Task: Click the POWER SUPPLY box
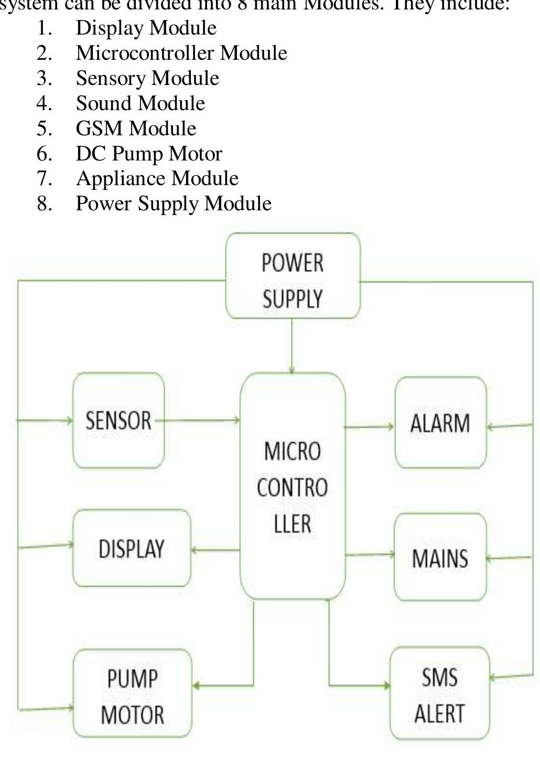pos(293,276)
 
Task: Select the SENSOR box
pos(118,421)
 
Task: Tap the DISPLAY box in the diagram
pos(132,548)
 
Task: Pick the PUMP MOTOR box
pos(132,693)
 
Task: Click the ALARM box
pos(440,423)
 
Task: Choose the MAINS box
pos(440,557)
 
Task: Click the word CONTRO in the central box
pos(292,487)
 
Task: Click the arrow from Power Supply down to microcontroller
pos(292,346)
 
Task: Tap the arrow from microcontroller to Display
pos(215,550)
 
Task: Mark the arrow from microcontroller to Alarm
pos(370,427)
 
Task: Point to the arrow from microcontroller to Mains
pos(370,554)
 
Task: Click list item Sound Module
pos(140,103)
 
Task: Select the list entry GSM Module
pos(136,128)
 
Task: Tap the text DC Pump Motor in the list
pos(149,154)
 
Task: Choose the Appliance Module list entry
pos(157,179)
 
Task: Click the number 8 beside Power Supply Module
pos(44,203)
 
